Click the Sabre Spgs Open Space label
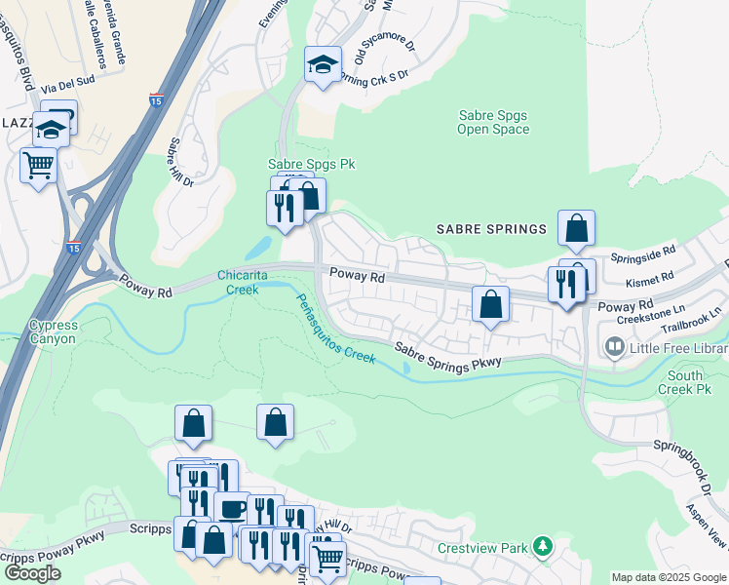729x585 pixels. (x=493, y=122)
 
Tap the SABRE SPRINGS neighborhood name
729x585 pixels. (x=491, y=229)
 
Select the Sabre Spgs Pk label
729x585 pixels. (x=311, y=165)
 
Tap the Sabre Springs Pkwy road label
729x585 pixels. (x=447, y=355)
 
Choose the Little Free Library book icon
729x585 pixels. (x=614, y=346)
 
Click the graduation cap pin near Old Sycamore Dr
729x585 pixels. (x=323, y=64)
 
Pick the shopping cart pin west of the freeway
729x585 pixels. (x=38, y=165)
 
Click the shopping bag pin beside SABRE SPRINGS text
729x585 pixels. (x=576, y=227)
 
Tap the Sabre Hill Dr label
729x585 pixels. (x=181, y=162)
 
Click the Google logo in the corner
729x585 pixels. (x=33, y=572)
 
